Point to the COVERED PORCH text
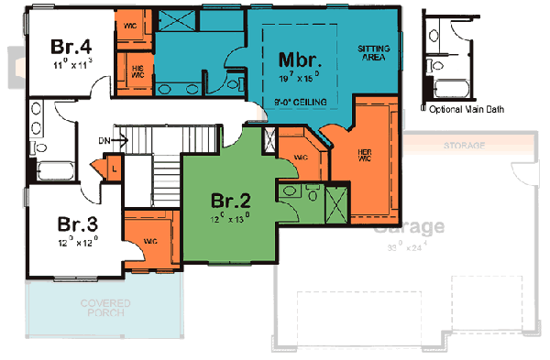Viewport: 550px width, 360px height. tap(104, 308)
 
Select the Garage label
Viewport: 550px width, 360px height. tap(411, 226)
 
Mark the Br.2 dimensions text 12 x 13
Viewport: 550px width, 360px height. tap(229, 219)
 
